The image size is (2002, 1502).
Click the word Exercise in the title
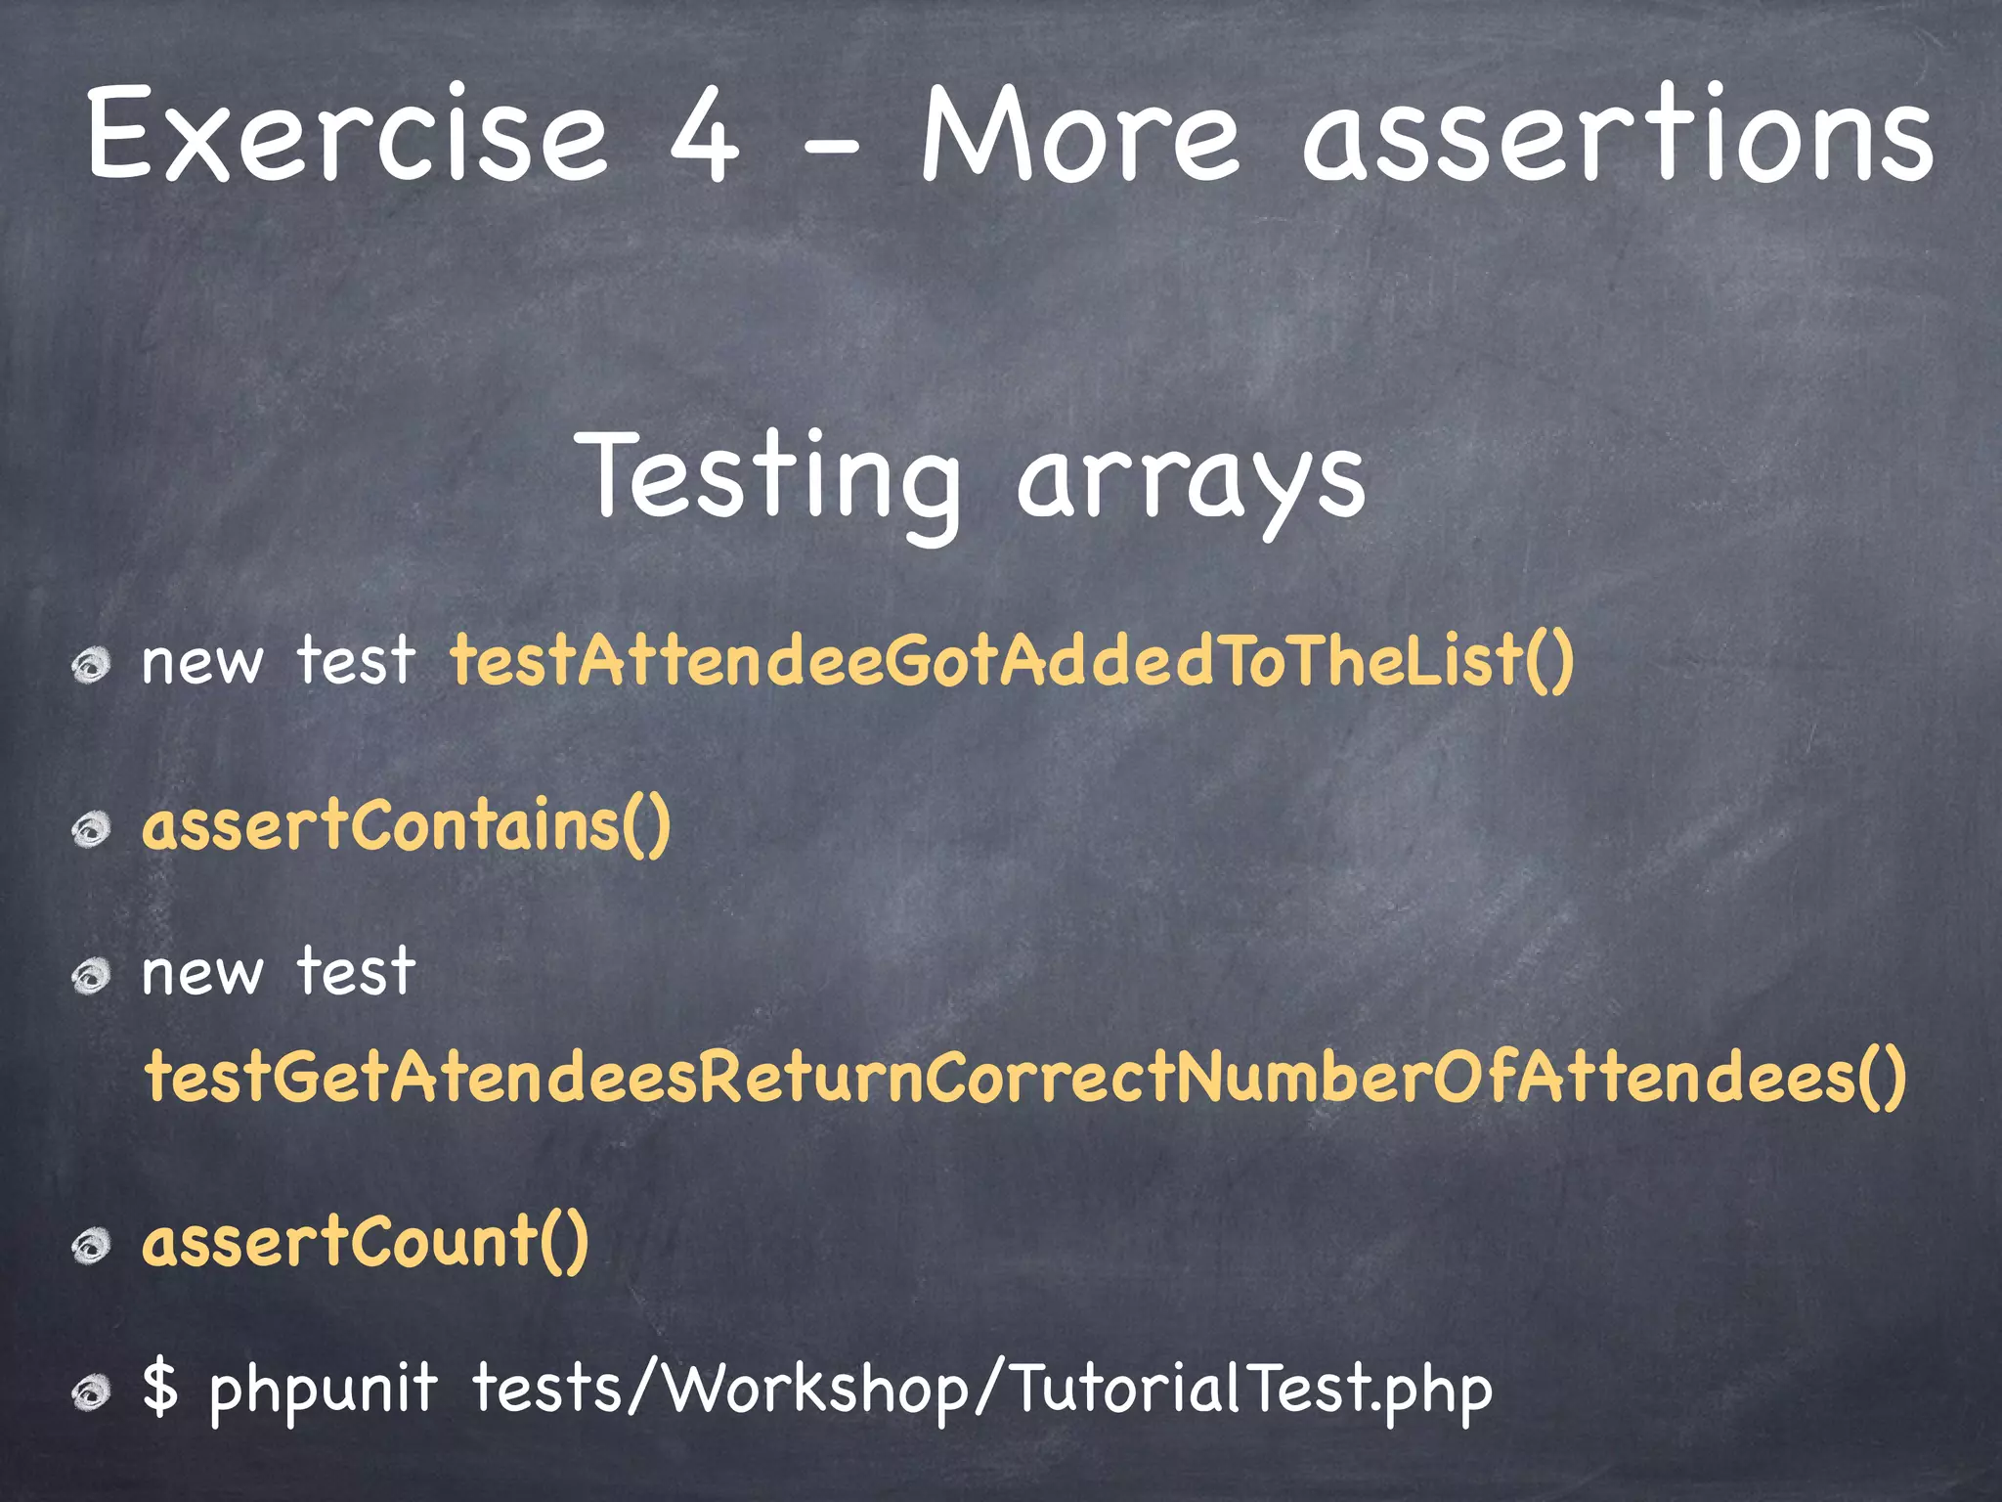coord(347,134)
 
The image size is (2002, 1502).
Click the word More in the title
coord(1080,134)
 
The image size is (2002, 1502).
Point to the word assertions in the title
coord(1618,134)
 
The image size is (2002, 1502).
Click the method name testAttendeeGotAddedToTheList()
coord(1012,660)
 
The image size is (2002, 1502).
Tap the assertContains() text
coord(407,824)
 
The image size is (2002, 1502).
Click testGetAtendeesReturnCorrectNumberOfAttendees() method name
coord(1025,1076)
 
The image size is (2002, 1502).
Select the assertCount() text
coord(366,1241)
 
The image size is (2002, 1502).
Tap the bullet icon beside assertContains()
coord(92,830)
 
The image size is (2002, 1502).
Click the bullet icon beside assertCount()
coord(92,1246)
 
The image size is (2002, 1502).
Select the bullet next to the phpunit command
coord(92,1393)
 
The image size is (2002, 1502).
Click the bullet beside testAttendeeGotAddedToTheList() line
coord(92,666)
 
